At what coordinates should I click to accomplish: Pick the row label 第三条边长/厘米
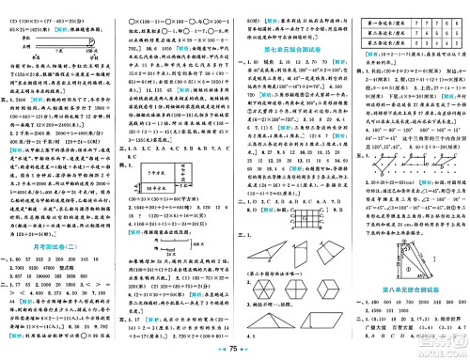point(380,40)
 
